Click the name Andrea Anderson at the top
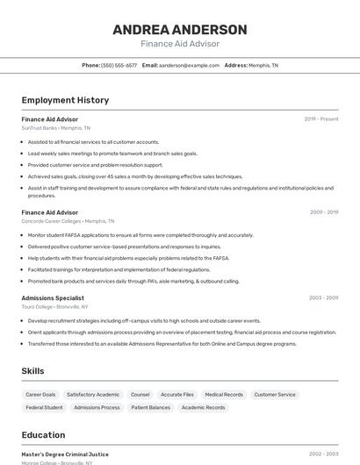click(180, 30)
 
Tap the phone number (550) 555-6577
click(119, 65)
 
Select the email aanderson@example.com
click(189, 65)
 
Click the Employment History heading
click(65, 100)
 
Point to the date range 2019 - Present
click(321, 119)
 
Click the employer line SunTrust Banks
click(55, 128)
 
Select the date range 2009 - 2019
click(324, 212)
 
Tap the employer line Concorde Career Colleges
click(68, 221)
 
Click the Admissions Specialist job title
click(53, 297)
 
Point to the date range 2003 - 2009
click(324, 297)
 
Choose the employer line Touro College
click(54, 307)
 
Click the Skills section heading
click(32, 371)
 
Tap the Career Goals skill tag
click(40, 395)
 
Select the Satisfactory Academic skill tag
click(93, 395)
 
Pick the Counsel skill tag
click(140, 395)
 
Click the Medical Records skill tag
click(224, 395)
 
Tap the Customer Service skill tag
click(275, 395)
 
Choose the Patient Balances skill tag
click(151, 407)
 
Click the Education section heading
click(43, 435)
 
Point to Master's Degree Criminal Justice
click(65, 454)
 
